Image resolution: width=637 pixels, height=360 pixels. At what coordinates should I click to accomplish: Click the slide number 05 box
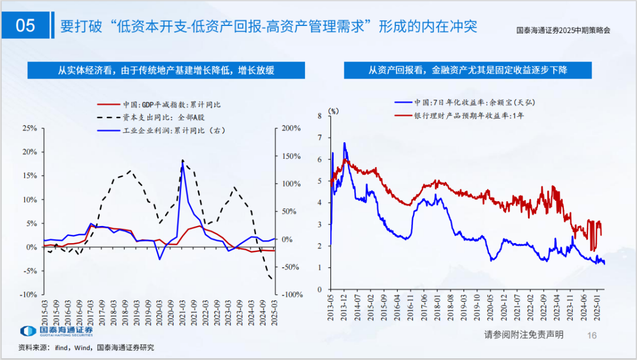tap(25, 25)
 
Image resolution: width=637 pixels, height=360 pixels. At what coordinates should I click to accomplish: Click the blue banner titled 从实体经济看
tap(166, 70)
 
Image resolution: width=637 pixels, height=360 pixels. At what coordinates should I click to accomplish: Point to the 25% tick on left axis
tap(29, 127)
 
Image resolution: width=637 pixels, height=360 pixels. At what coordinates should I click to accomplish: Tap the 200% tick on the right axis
tap(290, 127)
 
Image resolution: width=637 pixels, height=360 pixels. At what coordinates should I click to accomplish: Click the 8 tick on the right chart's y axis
tap(320, 116)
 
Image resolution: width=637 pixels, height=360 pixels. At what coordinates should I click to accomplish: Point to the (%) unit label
tap(334, 110)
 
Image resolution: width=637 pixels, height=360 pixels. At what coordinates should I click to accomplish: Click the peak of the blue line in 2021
tap(182, 161)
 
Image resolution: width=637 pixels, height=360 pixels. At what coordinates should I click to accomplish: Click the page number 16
tap(593, 335)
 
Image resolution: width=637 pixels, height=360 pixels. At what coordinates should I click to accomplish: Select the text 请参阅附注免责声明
tap(524, 335)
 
